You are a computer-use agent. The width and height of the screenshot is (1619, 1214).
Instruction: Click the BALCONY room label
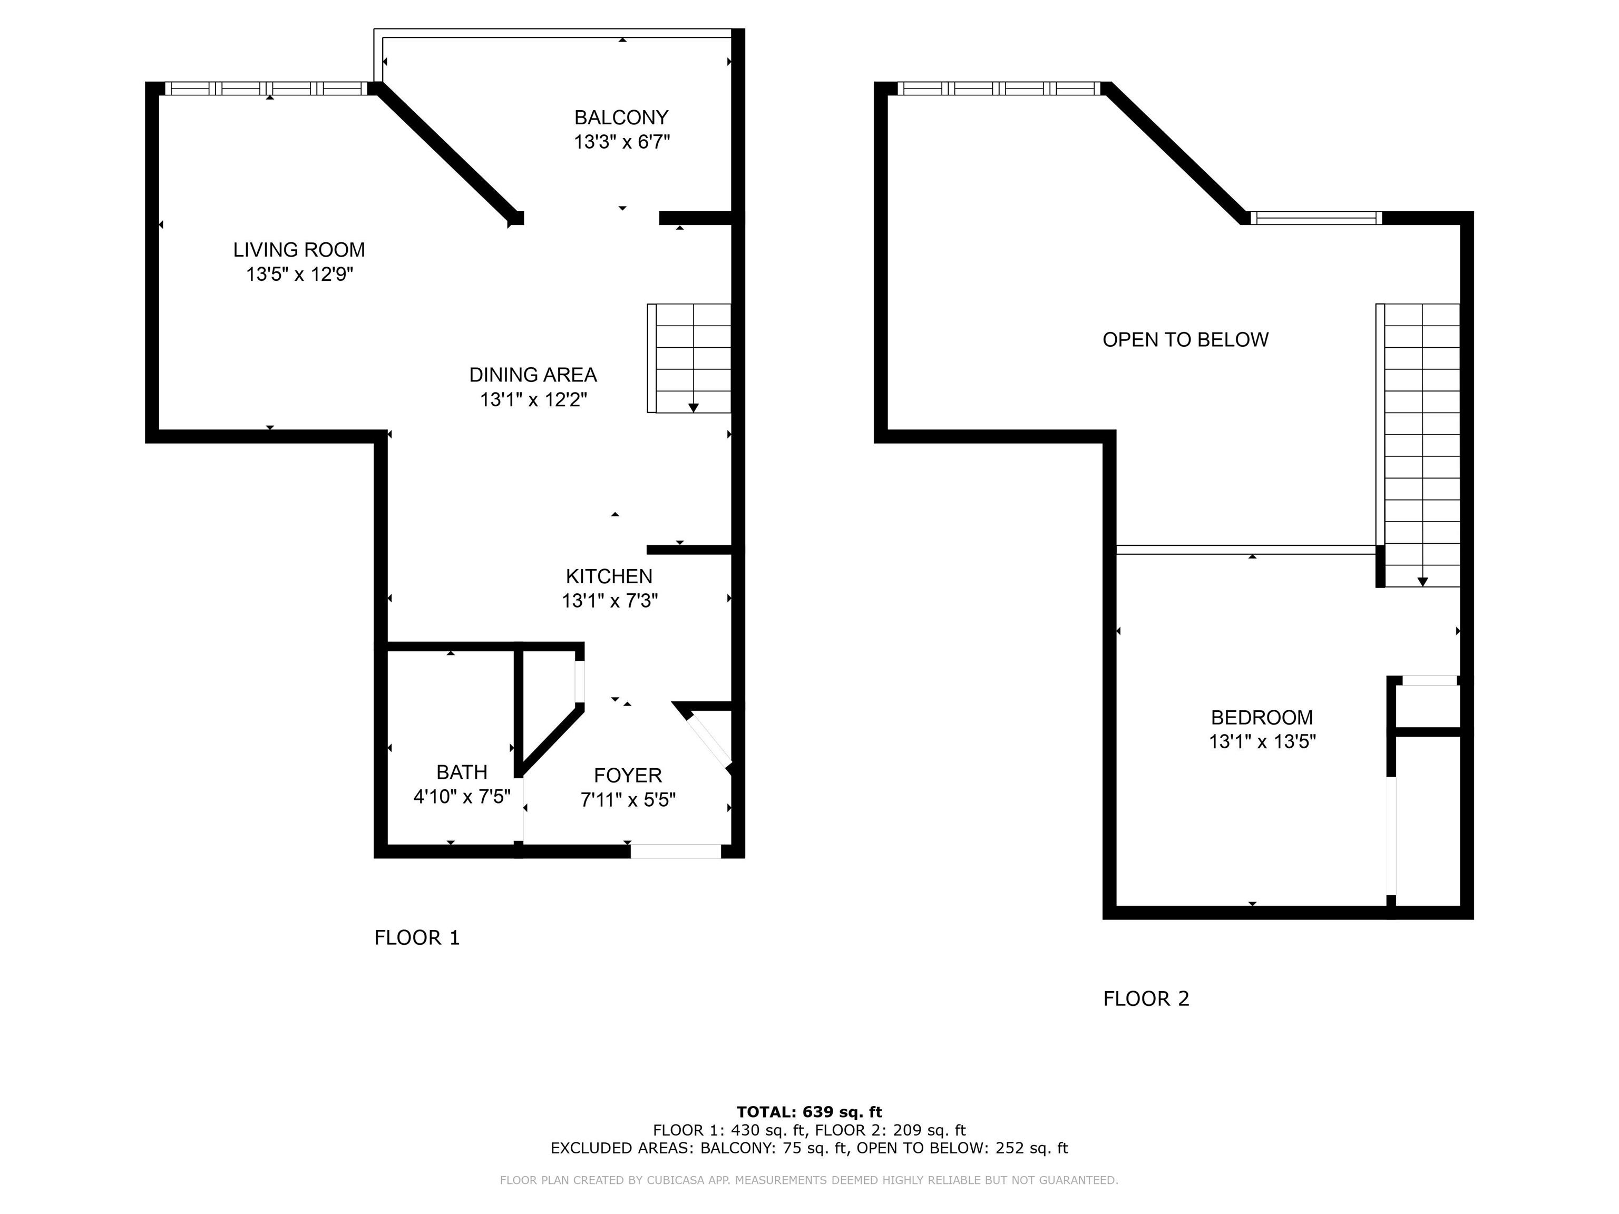[621, 117]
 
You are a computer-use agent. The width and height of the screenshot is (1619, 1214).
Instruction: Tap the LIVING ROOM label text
[299, 250]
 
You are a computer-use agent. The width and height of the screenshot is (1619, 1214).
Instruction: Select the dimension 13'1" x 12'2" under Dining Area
[533, 399]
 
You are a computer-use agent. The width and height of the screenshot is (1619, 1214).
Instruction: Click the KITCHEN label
[609, 576]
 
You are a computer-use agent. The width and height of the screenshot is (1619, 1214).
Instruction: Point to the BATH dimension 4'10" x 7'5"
[462, 796]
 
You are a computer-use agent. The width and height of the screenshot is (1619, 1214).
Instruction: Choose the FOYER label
[628, 775]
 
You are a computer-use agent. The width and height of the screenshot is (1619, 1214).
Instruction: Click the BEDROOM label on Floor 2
[1262, 717]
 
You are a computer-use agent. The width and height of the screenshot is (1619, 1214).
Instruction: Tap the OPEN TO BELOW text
[1185, 339]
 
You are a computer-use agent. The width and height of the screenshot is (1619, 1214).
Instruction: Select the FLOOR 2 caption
[1146, 999]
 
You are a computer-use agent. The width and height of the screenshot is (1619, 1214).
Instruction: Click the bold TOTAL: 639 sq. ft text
[809, 1113]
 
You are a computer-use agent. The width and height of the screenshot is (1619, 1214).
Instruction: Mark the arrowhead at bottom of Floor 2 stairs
[1423, 582]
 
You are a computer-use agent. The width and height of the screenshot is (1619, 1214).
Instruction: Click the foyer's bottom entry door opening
[676, 851]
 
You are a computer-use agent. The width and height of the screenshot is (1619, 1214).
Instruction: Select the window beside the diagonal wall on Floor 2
[1316, 217]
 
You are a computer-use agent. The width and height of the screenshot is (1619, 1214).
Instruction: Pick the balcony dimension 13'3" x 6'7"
[622, 142]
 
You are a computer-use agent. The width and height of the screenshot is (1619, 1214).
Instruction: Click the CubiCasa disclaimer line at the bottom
[809, 1180]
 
